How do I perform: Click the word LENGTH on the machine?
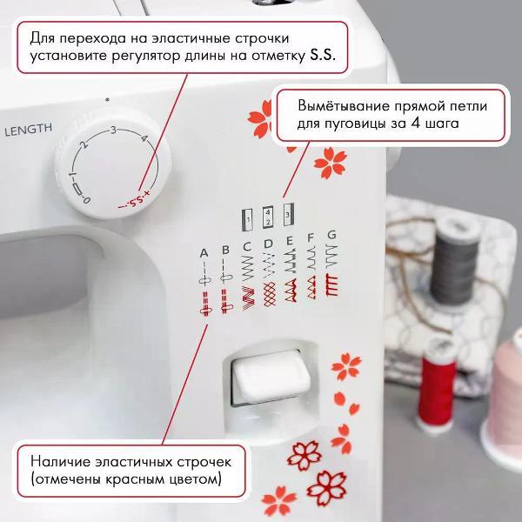28,131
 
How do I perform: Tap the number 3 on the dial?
113,130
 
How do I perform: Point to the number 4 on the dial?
143,141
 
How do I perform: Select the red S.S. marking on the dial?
133,204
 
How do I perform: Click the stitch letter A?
204,252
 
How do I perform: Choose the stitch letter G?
331,235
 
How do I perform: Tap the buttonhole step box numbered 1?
246,215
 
